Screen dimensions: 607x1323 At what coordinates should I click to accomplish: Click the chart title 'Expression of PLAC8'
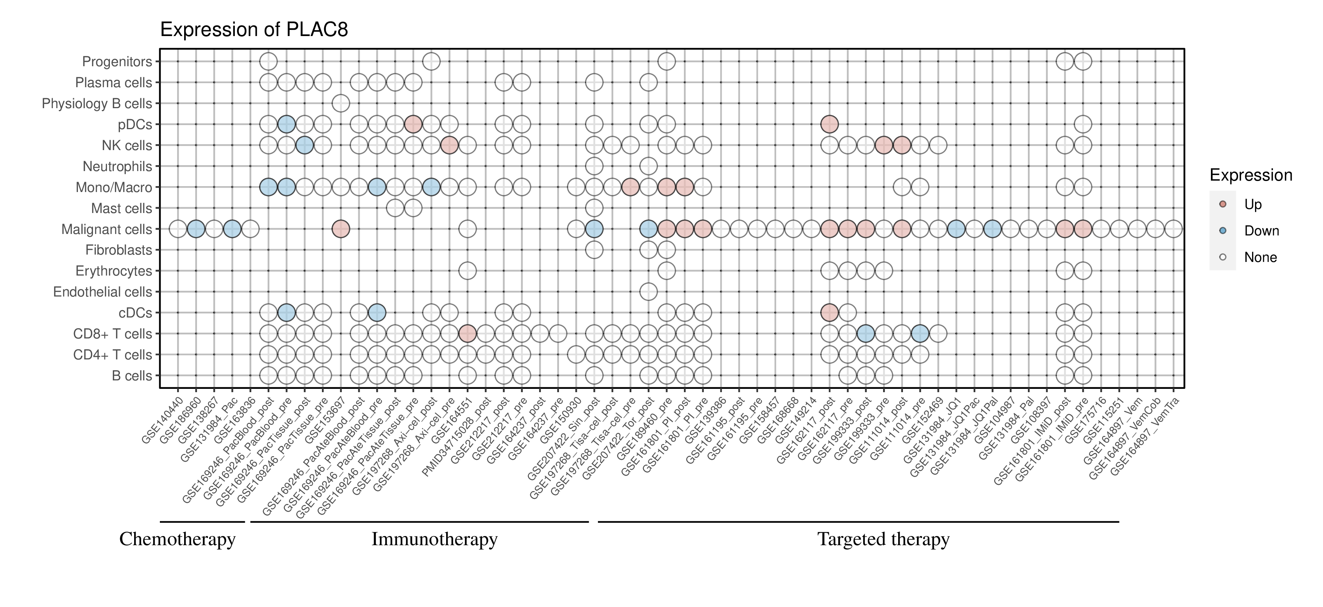pyautogui.click(x=254, y=30)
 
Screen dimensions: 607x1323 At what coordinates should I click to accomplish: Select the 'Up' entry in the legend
pyautogui.click(x=1253, y=204)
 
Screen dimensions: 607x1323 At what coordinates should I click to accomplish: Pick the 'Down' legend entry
pyautogui.click(x=1261, y=231)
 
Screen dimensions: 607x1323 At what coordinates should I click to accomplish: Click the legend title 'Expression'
pyautogui.click(x=1251, y=175)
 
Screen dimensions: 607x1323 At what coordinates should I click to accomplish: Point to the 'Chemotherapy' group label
pyautogui.click(x=177, y=539)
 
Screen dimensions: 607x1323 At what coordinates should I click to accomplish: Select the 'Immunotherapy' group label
pyautogui.click(x=434, y=539)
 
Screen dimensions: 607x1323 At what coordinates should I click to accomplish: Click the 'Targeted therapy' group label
pyautogui.click(x=883, y=539)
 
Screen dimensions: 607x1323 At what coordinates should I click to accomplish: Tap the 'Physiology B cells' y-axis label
pyautogui.click(x=97, y=103)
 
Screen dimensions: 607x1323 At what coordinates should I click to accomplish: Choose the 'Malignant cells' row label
pyautogui.click(x=107, y=229)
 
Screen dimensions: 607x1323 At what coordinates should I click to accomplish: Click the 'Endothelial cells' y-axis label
pyautogui.click(x=103, y=292)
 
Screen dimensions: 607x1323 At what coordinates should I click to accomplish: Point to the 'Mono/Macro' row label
pyautogui.click(x=114, y=187)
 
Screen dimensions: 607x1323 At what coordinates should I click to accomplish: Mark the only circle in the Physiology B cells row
pyautogui.click(x=341, y=103)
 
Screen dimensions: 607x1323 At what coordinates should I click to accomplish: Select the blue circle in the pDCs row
pyautogui.click(x=286, y=124)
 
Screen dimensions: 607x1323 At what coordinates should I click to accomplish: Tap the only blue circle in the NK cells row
pyautogui.click(x=305, y=145)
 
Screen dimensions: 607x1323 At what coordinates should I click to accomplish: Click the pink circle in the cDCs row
pyautogui.click(x=829, y=312)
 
